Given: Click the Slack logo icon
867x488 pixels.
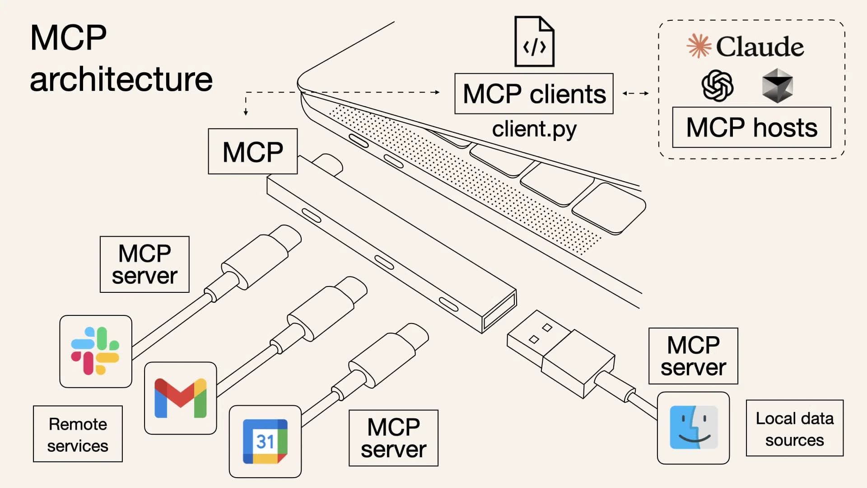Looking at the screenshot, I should pyautogui.click(x=95, y=351).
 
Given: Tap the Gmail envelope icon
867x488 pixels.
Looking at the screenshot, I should pyautogui.click(x=180, y=398).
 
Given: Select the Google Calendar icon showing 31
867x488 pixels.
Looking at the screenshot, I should pyautogui.click(x=265, y=441).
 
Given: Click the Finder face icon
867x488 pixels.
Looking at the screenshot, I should pyautogui.click(x=693, y=427).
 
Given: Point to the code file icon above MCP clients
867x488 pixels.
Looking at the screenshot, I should pyautogui.click(x=534, y=42).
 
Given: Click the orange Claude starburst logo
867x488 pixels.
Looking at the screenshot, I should pyautogui.click(x=699, y=46).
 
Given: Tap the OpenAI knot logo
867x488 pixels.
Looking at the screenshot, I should pyautogui.click(x=717, y=85).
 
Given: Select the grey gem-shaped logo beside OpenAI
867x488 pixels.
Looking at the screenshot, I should pyautogui.click(x=777, y=85).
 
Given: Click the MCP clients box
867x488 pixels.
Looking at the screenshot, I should pyautogui.click(x=534, y=94).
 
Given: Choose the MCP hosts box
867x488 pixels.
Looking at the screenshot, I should pyautogui.click(x=751, y=127).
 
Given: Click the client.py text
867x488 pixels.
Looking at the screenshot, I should pyautogui.click(x=534, y=130).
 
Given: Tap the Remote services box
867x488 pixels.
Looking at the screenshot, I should pyautogui.click(x=78, y=434).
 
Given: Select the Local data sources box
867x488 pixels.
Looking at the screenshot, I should pyautogui.click(x=794, y=428).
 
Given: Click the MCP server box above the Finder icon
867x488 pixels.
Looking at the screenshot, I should pyautogui.click(x=693, y=356).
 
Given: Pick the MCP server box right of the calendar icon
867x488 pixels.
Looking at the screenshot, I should pyautogui.click(x=393, y=438).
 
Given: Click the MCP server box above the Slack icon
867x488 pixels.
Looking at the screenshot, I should pyautogui.click(x=144, y=264).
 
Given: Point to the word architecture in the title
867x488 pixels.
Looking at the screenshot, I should pyautogui.click(x=121, y=79).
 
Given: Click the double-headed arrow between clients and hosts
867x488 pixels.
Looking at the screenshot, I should pyautogui.click(x=635, y=94).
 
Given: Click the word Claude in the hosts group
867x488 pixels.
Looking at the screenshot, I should pyautogui.click(x=760, y=47).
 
